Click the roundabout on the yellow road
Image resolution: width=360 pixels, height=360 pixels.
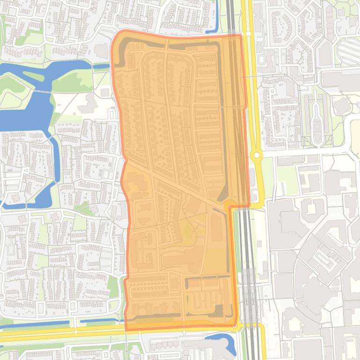click(x=256, y=155)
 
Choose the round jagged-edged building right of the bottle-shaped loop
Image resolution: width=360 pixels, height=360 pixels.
click(x=340, y=106)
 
